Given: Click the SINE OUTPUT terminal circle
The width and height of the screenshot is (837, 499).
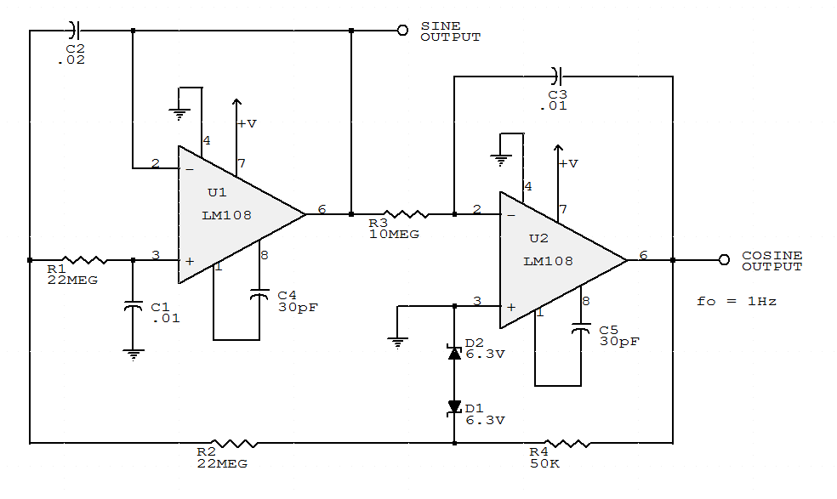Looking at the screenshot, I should pyautogui.click(x=402, y=31).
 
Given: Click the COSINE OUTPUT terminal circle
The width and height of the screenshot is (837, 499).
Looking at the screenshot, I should pyautogui.click(x=724, y=260).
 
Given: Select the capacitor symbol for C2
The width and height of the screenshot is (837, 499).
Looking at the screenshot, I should pyautogui.click(x=74, y=31).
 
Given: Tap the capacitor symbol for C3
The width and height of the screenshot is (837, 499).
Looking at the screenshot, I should pyautogui.click(x=557, y=77).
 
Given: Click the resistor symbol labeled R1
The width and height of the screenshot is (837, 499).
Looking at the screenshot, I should pyautogui.click(x=83, y=259).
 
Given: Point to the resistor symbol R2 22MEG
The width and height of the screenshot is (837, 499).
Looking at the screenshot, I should pyautogui.click(x=234, y=443).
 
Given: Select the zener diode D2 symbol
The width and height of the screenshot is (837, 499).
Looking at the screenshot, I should pyautogui.click(x=454, y=352).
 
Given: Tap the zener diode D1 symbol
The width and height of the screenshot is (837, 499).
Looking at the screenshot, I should pyautogui.click(x=454, y=408).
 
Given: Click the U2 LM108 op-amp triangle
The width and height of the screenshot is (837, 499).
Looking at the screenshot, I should pyautogui.click(x=553, y=260).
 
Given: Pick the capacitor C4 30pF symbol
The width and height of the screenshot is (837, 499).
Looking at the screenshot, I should pyautogui.click(x=259, y=296).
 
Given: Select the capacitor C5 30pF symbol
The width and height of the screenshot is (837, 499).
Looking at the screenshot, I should pyautogui.click(x=581, y=330).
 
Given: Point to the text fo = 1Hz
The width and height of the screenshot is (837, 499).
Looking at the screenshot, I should pyautogui.click(x=737, y=301).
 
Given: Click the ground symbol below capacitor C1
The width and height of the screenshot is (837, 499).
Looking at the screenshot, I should pyautogui.click(x=133, y=354).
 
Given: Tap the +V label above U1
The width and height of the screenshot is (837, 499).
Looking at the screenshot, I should pyautogui.click(x=247, y=123).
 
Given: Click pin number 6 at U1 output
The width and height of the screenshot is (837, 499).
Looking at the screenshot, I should pyautogui.click(x=322, y=209).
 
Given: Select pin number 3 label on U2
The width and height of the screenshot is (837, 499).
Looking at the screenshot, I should pyautogui.click(x=476, y=301).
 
